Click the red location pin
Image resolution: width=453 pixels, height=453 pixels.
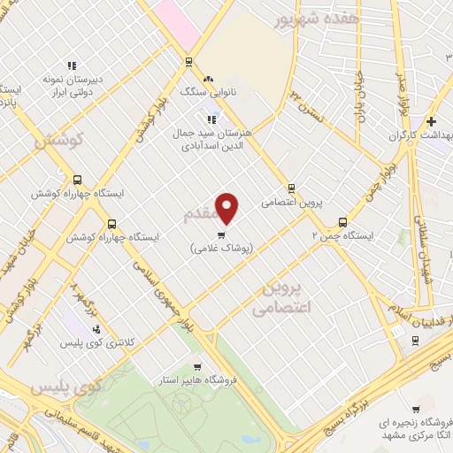[228, 208]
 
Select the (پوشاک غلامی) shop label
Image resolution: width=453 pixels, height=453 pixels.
[221, 250]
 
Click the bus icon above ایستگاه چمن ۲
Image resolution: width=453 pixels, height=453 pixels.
[342, 222]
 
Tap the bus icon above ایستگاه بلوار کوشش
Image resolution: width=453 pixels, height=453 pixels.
[111, 224]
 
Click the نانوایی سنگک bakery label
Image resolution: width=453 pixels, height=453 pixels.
[204, 91]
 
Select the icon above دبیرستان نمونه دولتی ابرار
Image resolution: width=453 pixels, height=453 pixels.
[72, 65]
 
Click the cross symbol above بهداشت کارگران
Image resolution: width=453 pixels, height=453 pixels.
[431, 121]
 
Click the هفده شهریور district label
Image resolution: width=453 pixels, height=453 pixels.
[307, 18]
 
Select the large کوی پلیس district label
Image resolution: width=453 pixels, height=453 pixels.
[67, 387]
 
